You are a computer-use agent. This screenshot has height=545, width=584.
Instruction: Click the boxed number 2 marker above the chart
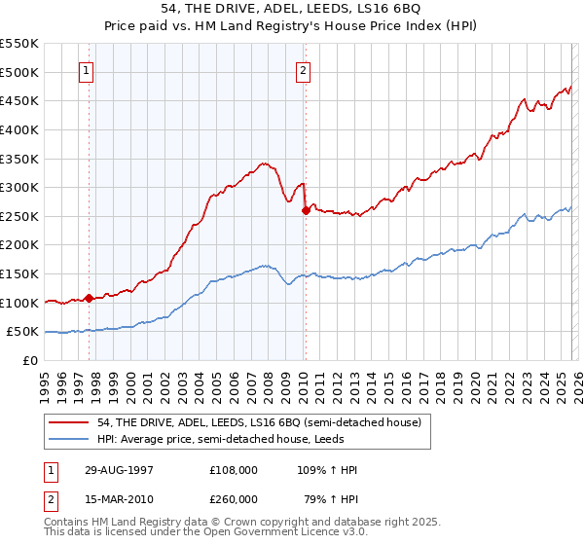(304, 70)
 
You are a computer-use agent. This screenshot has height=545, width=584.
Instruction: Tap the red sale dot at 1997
(90, 298)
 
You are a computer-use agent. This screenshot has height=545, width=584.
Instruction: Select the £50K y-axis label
(23, 332)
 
